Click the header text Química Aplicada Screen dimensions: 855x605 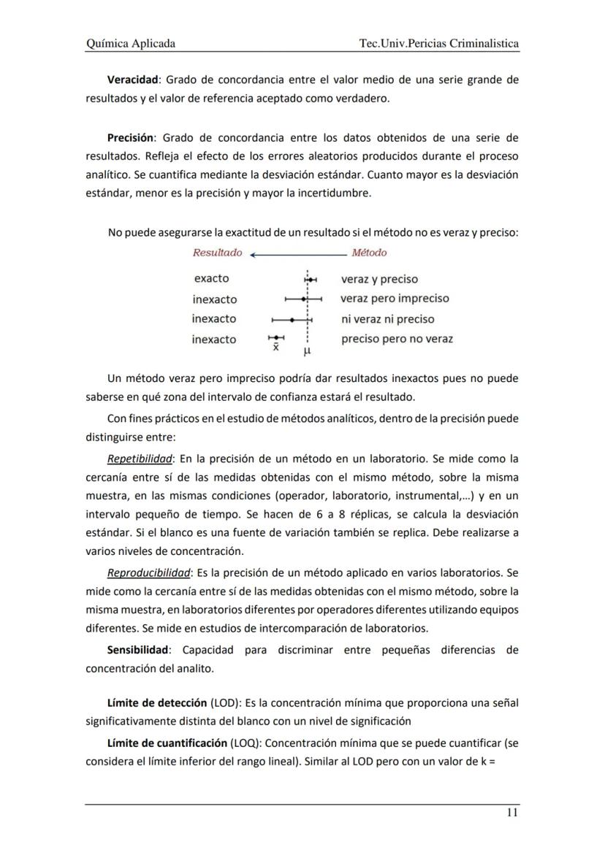point(130,44)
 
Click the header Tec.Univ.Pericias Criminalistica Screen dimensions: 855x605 point(439,44)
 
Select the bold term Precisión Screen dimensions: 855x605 point(130,137)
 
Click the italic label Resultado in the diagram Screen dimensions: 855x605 point(217,253)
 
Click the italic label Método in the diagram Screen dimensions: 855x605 point(369,253)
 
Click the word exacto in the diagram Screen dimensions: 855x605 point(211,278)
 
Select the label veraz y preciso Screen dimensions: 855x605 point(379,279)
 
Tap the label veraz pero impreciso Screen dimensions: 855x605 point(395,299)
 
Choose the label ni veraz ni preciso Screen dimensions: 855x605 point(387,319)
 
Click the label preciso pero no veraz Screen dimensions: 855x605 point(397,339)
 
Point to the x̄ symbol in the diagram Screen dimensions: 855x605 point(275,348)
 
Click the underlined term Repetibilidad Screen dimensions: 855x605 point(139,459)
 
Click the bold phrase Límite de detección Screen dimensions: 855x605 point(157,703)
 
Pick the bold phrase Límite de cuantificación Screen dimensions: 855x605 point(167,742)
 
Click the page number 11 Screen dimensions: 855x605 point(512,813)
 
